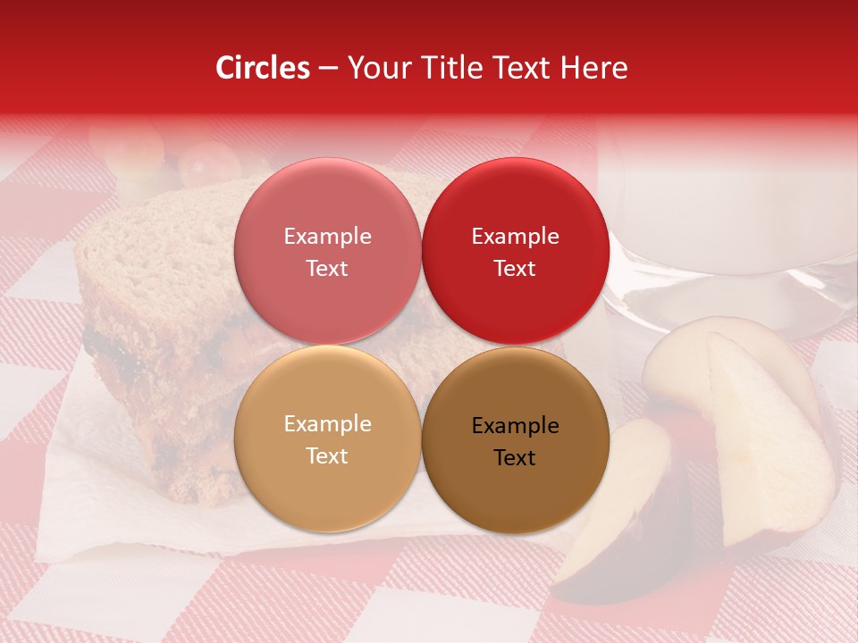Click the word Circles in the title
(x=263, y=68)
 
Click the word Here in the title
(x=594, y=68)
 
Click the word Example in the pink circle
(x=327, y=237)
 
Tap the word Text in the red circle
(x=515, y=268)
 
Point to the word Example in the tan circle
(x=327, y=424)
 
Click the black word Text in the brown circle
(x=515, y=457)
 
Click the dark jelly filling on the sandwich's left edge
(x=103, y=344)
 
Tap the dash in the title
(x=328, y=68)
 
